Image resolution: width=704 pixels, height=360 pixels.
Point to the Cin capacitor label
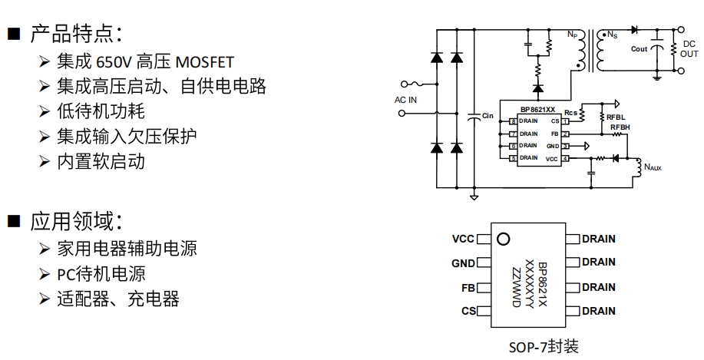(x=488, y=116)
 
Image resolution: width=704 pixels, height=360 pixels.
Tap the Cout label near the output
(x=640, y=49)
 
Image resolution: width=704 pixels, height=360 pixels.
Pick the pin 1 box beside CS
(x=566, y=121)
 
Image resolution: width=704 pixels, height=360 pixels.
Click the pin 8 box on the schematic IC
(x=512, y=121)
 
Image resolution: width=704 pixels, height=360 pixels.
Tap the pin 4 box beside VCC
(x=566, y=158)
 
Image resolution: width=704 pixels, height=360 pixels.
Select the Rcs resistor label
(x=570, y=113)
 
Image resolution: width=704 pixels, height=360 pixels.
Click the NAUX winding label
(x=653, y=167)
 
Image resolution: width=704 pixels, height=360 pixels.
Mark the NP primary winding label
(x=573, y=35)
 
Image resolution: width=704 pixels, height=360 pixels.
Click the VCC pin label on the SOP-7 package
(x=463, y=239)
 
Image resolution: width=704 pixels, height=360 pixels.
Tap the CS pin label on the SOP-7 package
(x=468, y=311)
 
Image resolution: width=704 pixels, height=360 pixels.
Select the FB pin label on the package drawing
(x=468, y=287)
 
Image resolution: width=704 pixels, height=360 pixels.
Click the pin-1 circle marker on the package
(x=504, y=239)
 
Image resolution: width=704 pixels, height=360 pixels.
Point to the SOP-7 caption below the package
(x=544, y=345)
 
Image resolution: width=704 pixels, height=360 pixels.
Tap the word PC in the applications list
(x=65, y=274)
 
